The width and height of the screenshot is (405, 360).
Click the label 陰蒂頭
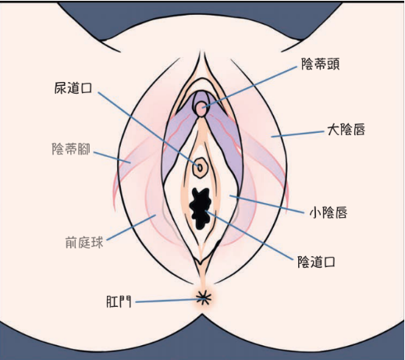pyautogui.click(x=320, y=64)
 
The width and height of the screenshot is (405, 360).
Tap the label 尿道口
pyautogui.click(x=73, y=88)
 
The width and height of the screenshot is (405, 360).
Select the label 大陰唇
pyautogui.click(x=346, y=130)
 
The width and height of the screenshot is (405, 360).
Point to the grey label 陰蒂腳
pyautogui.click(x=71, y=149)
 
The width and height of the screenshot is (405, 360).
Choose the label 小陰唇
pyautogui.click(x=329, y=212)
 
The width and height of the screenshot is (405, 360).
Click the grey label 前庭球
pyautogui.click(x=84, y=242)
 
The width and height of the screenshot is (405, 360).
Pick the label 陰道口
pyautogui.click(x=316, y=262)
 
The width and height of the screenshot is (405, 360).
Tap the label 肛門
pyautogui.click(x=119, y=302)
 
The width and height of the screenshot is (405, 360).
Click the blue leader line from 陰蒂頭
pyautogui.click(x=250, y=86)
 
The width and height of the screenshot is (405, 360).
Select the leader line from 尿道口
pyautogui.click(x=148, y=128)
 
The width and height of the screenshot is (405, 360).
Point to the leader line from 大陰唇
pyautogui.click(x=297, y=134)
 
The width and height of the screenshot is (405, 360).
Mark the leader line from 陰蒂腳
pyautogui.click(x=112, y=158)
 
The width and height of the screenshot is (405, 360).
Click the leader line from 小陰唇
pyautogui.click(x=266, y=205)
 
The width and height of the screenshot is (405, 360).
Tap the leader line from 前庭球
pyautogui.click(x=131, y=227)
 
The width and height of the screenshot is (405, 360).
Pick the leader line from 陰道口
pyautogui.click(x=248, y=234)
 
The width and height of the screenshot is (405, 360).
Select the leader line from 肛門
pyautogui.click(x=169, y=301)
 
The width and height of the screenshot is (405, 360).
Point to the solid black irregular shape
pyautogui.click(x=200, y=209)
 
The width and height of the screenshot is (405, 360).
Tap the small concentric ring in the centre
pyautogui.click(x=200, y=167)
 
